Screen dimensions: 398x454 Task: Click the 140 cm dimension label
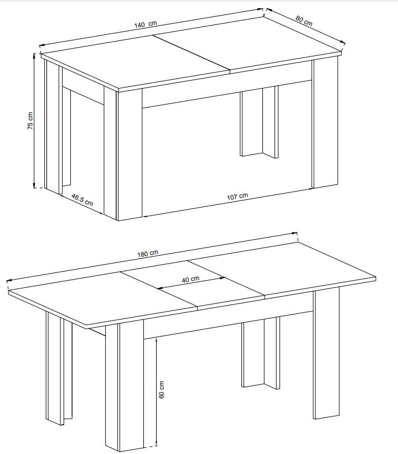pyautogui.click(x=146, y=24)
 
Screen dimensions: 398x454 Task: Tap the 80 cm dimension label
pyautogui.click(x=304, y=20)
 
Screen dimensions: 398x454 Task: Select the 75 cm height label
pyautogui.click(x=30, y=121)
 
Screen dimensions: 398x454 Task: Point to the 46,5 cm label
pyautogui.click(x=82, y=200)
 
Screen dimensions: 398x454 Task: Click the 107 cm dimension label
pyautogui.click(x=237, y=197)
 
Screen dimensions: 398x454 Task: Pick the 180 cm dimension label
pyautogui.click(x=148, y=254)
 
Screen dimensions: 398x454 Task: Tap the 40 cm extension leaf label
pyautogui.click(x=190, y=280)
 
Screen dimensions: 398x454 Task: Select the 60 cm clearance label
pyautogui.click(x=162, y=389)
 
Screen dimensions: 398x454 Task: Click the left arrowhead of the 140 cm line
pyautogui.click(x=41, y=45)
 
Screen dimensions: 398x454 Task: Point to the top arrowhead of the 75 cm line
pyautogui.click(x=34, y=55)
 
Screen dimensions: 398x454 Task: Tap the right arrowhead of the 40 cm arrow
pyautogui.click(x=223, y=278)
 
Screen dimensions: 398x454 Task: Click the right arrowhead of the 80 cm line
pyautogui.click(x=343, y=43)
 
